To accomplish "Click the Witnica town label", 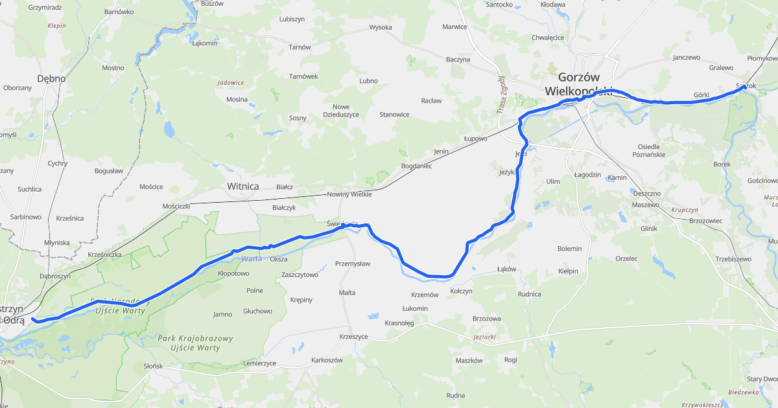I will click(x=242, y=187).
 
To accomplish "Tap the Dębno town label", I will click(x=51, y=78).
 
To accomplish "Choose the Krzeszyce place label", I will click(x=353, y=337).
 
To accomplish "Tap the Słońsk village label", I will click(x=153, y=366).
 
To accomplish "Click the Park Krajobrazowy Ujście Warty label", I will click(x=195, y=344).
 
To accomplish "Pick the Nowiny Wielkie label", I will click(x=349, y=194).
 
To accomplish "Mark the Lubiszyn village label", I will click(x=292, y=19).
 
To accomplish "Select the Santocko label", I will click(x=500, y=5).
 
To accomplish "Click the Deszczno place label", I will click(x=646, y=194).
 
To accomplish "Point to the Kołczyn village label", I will click(x=461, y=291).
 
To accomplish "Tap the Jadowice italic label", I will click(x=231, y=83).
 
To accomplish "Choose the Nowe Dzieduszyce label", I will click(x=341, y=111).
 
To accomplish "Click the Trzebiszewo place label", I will click(x=733, y=259).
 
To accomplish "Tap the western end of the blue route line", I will click(x=32, y=319).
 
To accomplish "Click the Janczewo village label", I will click(x=687, y=57).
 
